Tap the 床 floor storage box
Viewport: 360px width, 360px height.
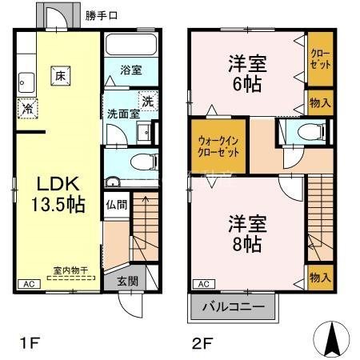coord(61,77)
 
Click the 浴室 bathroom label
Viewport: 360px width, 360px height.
coord(131,70)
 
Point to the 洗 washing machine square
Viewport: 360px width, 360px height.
coord(146,101)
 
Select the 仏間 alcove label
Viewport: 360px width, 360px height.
coord(115,204)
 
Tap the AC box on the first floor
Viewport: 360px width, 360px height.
coord(27,284)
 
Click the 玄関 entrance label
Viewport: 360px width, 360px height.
coord(127,281)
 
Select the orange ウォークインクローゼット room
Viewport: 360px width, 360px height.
coord(217,146)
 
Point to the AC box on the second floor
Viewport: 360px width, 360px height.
coord(203,284)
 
